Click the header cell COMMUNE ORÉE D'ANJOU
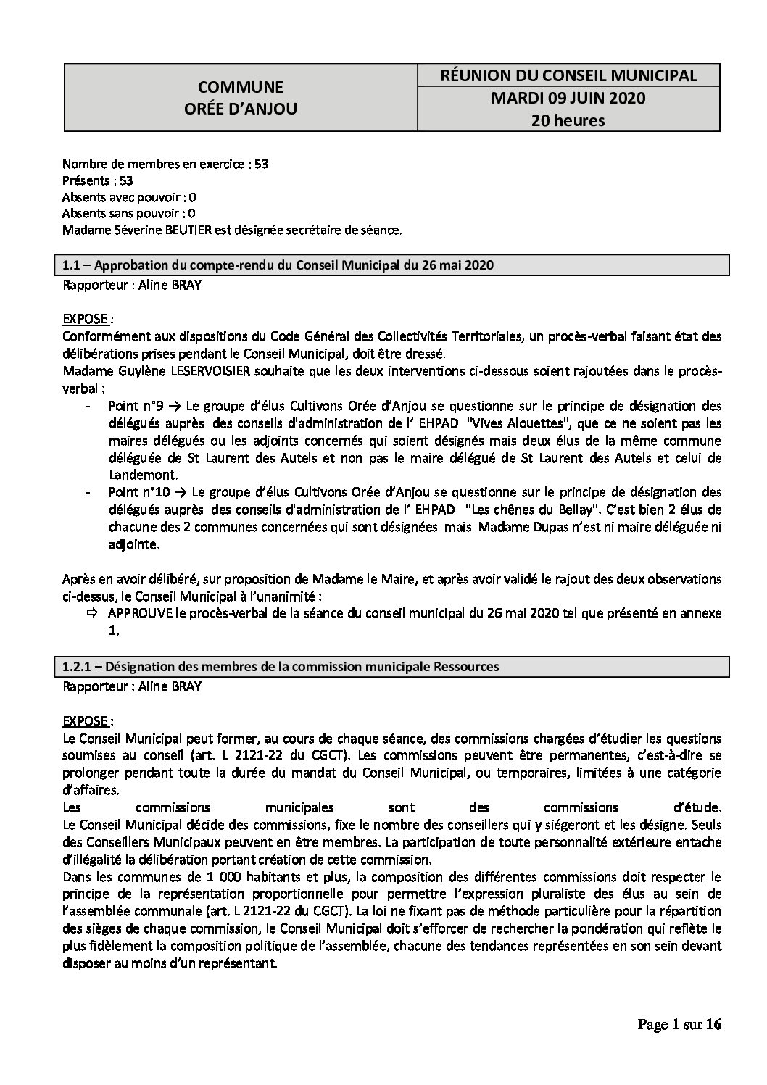[241, 98]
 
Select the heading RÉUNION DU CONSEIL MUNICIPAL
[568, 75]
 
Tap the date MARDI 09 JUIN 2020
[568, 98]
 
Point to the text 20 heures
[568, 120]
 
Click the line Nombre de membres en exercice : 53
[165, 164]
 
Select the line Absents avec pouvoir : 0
[129, 197]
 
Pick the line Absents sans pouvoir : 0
[129, 214]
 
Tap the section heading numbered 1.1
[278, 265]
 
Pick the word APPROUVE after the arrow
[140, 613]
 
